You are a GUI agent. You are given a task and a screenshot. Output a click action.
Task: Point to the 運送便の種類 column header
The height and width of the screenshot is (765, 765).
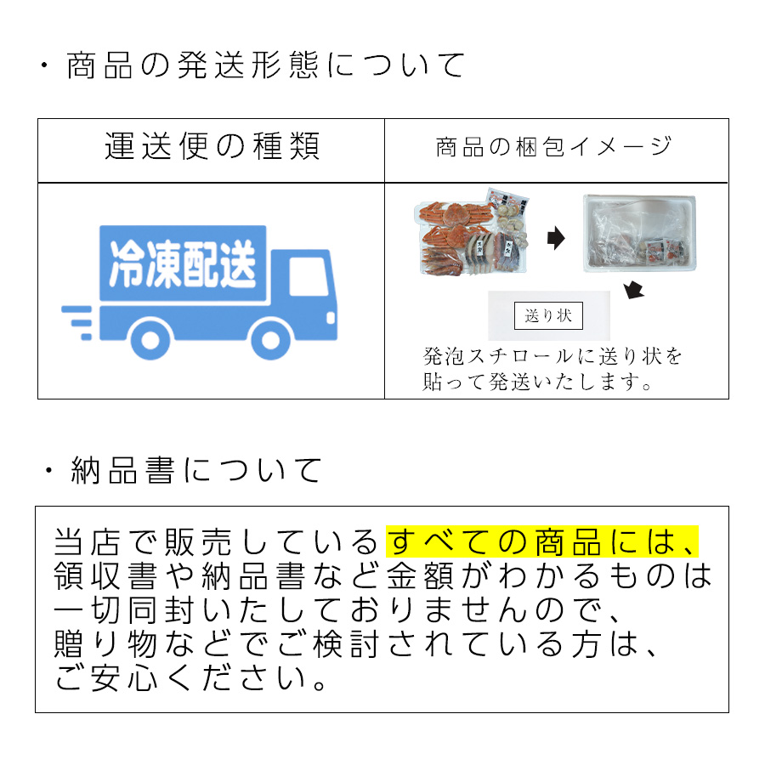point(212,147)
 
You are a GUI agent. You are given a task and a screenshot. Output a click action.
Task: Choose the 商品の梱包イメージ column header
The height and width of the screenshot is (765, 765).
point(554,147)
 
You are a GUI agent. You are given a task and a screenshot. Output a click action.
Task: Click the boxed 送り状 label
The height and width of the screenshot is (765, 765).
point(548,316)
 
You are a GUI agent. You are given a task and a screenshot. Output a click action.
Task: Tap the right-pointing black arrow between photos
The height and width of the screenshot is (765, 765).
point(555,239)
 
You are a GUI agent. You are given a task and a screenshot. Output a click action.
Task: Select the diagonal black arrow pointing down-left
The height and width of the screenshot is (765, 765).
point(633,291)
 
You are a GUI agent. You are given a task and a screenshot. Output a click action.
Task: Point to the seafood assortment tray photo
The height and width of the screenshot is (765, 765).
point(475,235)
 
